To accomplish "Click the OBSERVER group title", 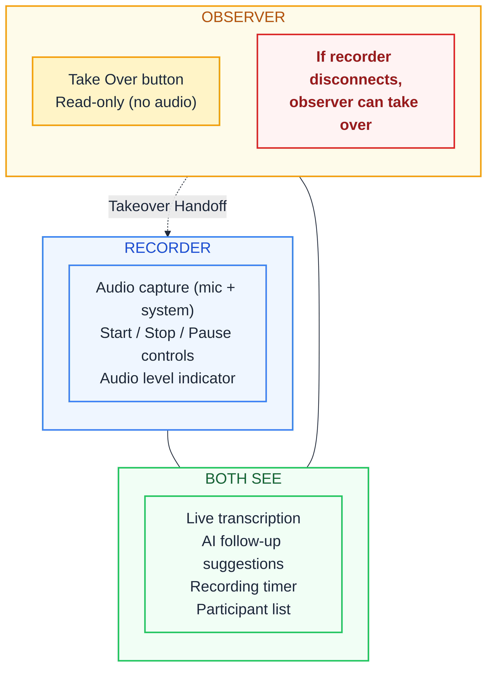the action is pyautogui.click(x=243, y=17).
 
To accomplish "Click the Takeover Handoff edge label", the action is pyautogui.click(x=167, y=206).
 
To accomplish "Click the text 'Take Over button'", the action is pyautogui.click(x=126, y=80).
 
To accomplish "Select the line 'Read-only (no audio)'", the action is pyautogui.click(x=126, y=102).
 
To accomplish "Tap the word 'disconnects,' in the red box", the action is pyautogui.click(x=356, y=80).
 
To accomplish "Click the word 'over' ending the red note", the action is pyautogui.click(x=356, y=125).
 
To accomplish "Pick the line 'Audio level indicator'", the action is pyautogui.click(x=167, y=378).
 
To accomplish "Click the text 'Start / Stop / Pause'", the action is pyautogui.click(x=166, y=333).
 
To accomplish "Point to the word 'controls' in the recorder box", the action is pyautogui.click(x=167, y=356).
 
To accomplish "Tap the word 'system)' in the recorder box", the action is pyautogui.click(x=167, y=310).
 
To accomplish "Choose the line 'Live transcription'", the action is pyautogui.click(x=243, y=519).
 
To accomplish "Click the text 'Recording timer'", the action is pyautogui.click(x=243, y=587).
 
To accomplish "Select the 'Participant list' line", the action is pyautogui.click(x=243, y=609).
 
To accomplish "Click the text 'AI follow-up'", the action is pyautogui.click(x=241, y=541).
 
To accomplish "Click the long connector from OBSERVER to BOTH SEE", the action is pyautogui.click(x=319, y=322).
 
